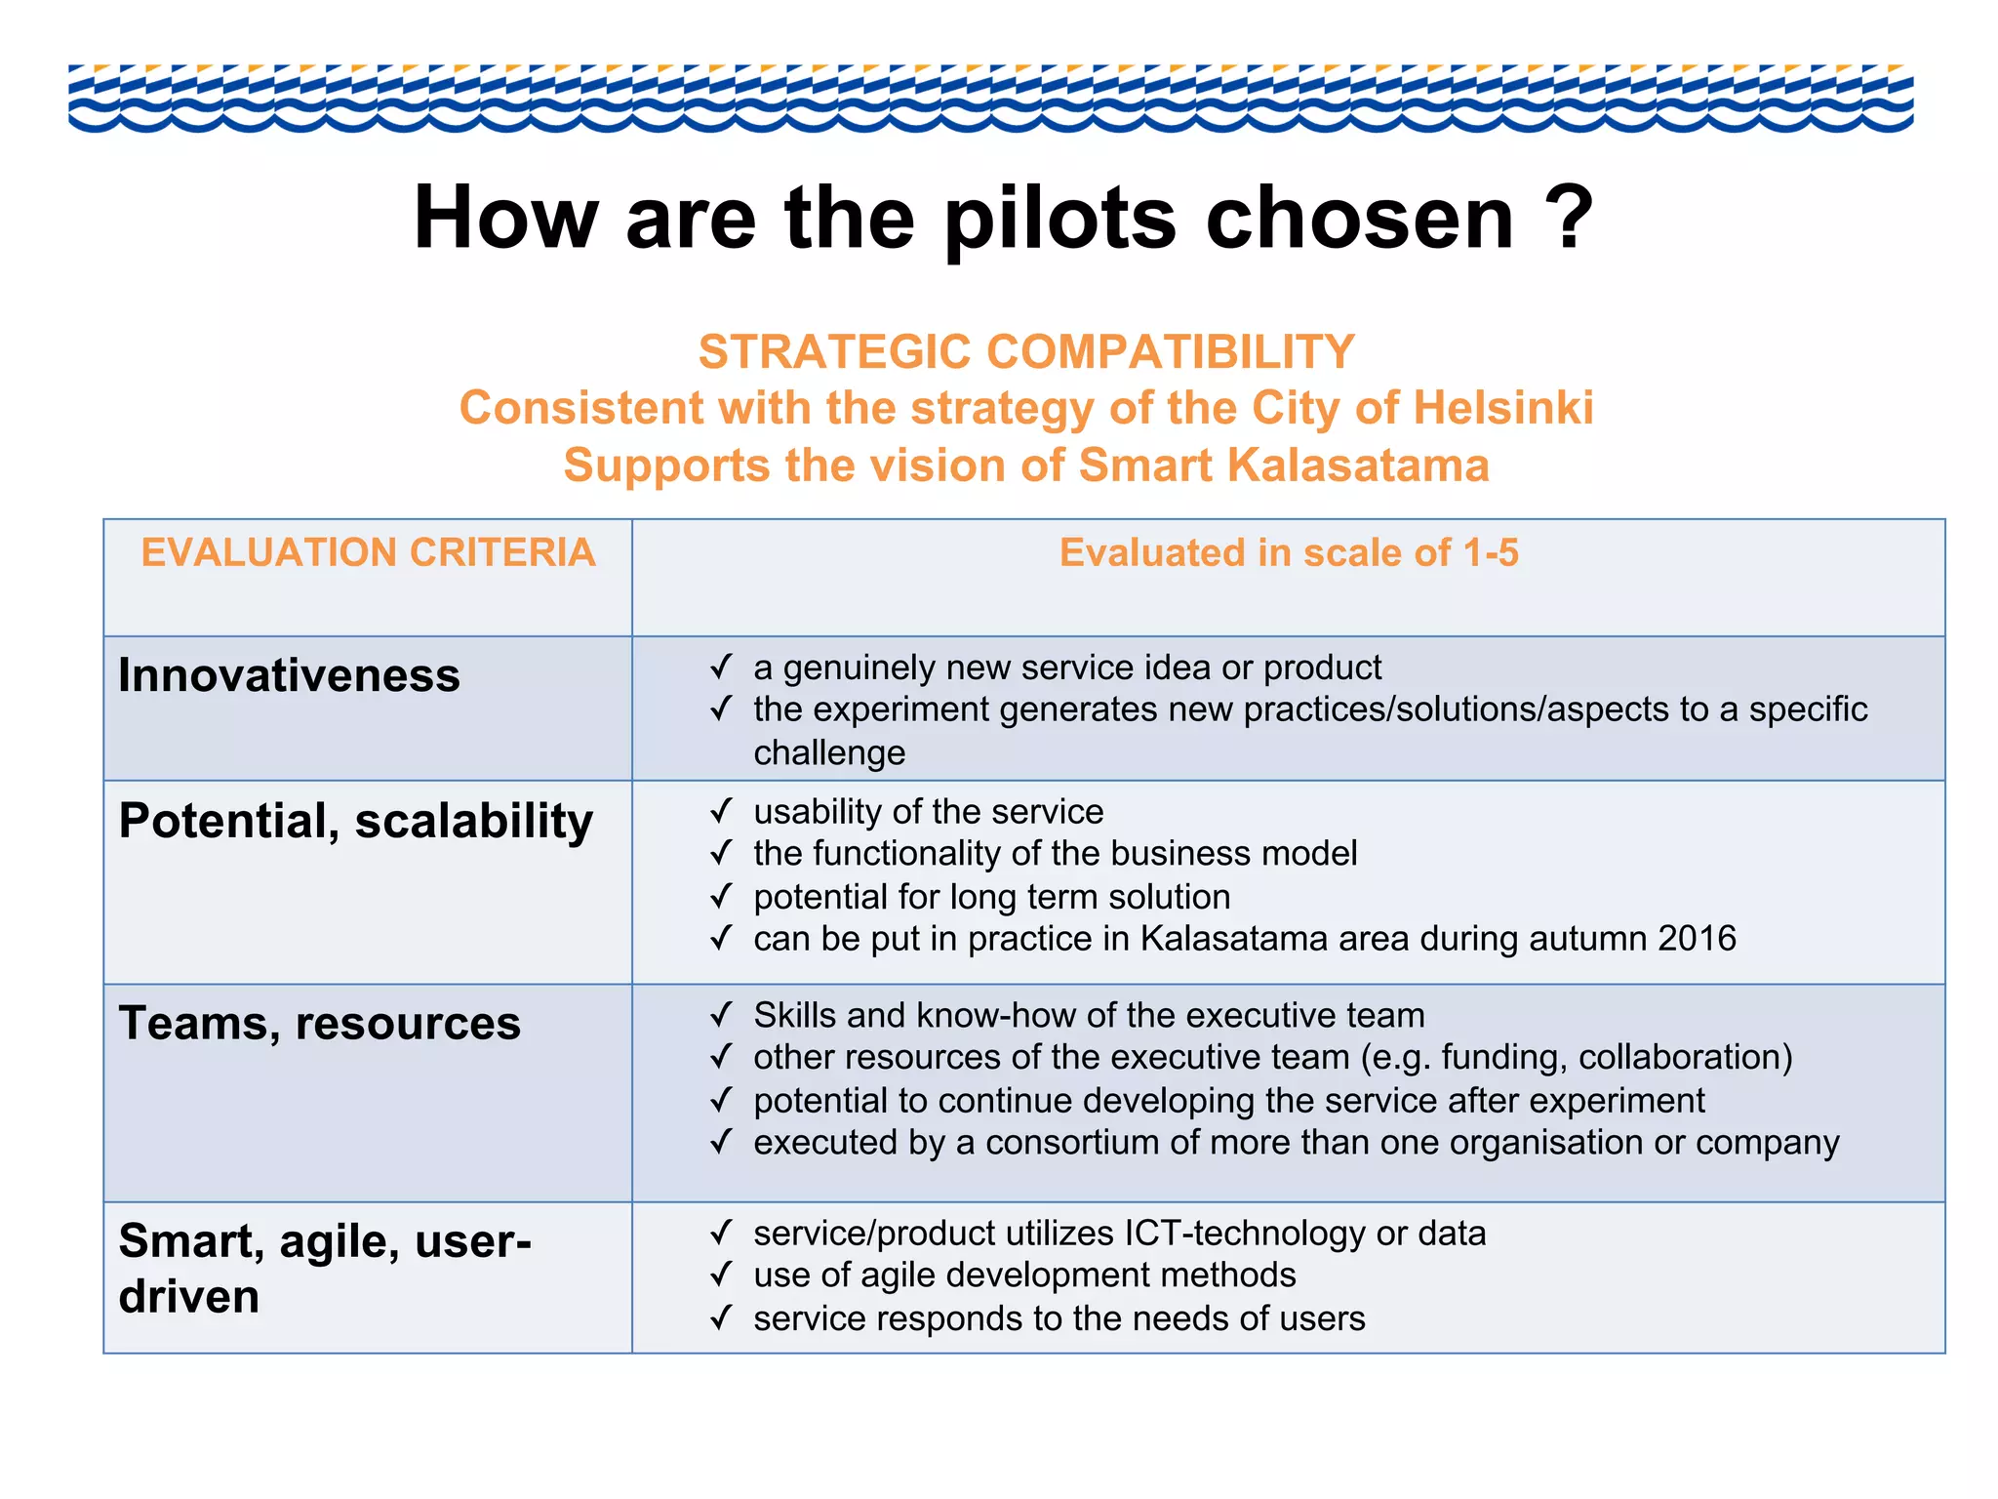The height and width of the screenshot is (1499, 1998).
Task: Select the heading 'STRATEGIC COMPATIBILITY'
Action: (x=1026, y=351)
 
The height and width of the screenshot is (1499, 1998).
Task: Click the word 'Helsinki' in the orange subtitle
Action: (x=1502, y=408)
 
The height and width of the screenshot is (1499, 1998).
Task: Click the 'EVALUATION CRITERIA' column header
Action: (x=368, y=552)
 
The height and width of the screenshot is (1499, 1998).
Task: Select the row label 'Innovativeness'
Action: (x=289, y=675)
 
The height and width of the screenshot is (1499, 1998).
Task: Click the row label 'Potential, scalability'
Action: (x=355, y=821)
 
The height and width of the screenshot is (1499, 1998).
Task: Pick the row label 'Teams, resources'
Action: (x=319, y=1024)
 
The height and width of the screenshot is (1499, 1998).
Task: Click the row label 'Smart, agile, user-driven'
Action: (x=324, y=1268)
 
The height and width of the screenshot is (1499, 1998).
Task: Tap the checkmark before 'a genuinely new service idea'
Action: (x=721, y=668)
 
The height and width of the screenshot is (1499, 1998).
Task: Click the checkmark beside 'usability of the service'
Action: (x=721, y=811)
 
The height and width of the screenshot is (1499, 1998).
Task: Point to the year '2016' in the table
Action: (x=1697, y=939)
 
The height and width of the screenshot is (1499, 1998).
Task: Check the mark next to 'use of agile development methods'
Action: (x=721, y=1275)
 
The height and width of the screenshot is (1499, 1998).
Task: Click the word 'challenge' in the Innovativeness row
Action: (x=829, y=753)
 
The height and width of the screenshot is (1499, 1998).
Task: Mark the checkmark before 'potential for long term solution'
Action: (x=721, y=896)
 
